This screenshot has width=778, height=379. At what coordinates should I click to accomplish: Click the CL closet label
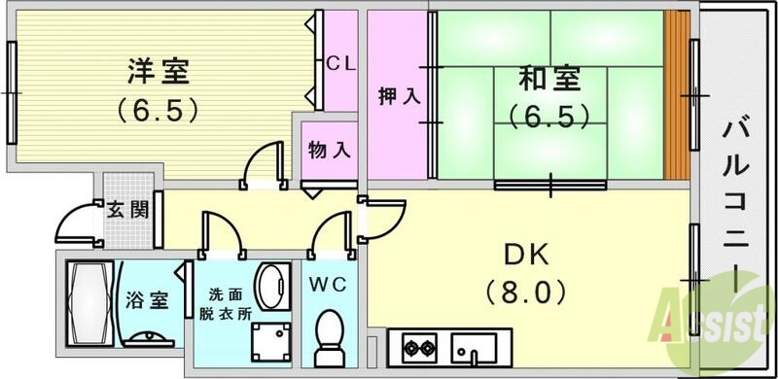[x=340, y=64]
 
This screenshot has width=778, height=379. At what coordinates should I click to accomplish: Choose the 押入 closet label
[x=399, y=97]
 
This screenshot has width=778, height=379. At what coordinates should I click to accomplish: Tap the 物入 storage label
[x=328, y=151]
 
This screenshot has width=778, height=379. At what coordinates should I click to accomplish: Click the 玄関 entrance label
[x=126, y=209]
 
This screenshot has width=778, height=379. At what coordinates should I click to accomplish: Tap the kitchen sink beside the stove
[x=474, y=347]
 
